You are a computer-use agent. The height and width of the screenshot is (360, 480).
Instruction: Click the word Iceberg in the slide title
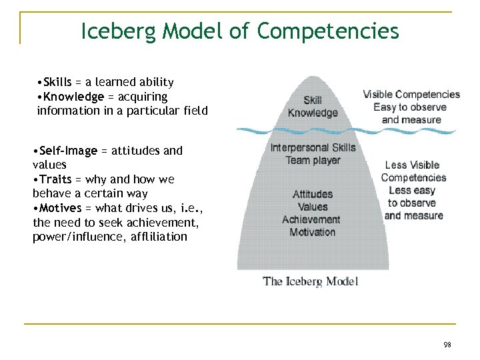[x=117, y=31]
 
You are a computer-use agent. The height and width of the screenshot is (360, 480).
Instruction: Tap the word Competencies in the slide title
[x=328, y=31]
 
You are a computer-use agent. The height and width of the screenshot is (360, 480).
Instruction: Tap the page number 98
[x=447, y=345]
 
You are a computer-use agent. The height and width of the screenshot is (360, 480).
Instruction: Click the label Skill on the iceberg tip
[x=313, y=101]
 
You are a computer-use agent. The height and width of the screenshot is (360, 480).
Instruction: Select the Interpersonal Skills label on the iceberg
[x=313, y=148]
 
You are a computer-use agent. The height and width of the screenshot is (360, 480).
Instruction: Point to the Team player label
[x=313, y=161]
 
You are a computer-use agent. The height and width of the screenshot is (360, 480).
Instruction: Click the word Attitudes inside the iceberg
[x=313, y=194]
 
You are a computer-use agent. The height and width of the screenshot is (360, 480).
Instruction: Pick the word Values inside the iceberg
[x=313, y=207]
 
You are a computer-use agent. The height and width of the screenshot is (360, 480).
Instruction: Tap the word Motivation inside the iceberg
[x=313, y=232]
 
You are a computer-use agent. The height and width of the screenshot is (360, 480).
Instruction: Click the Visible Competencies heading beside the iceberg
[x=411, y=95]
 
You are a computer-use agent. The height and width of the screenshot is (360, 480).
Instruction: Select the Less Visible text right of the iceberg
[x=412, y=165]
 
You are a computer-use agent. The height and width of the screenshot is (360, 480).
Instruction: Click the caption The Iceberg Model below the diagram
[x=311, y=281]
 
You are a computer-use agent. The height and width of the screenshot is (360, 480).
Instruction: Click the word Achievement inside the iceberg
[x=311, y=219]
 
